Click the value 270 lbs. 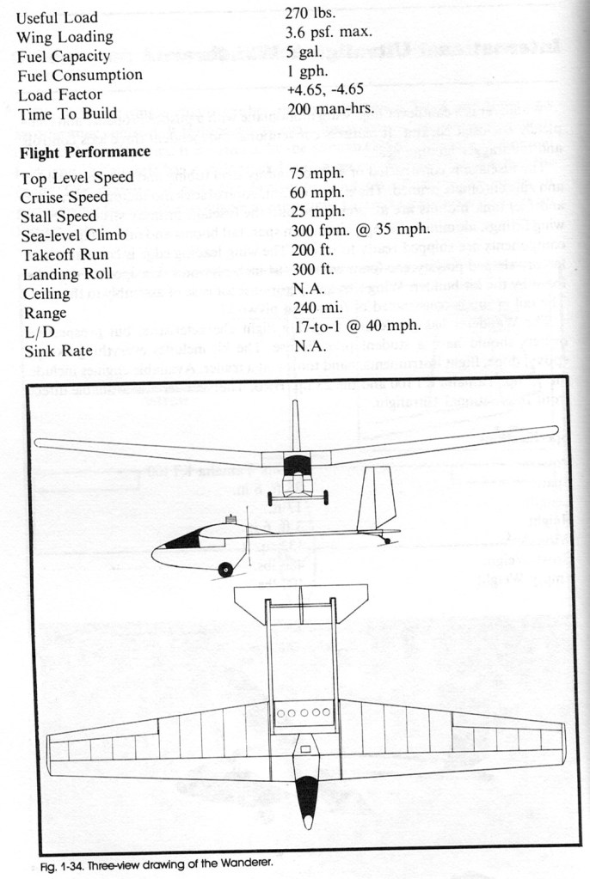(x=310, y=13)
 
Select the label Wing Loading (x=65, y=37)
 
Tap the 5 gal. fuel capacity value (x=305, y=53)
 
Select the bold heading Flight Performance (x=83, y=153)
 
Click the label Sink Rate (x=54, y=351)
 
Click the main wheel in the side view (x=226, y=569)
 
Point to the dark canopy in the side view (x=181, y=540)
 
